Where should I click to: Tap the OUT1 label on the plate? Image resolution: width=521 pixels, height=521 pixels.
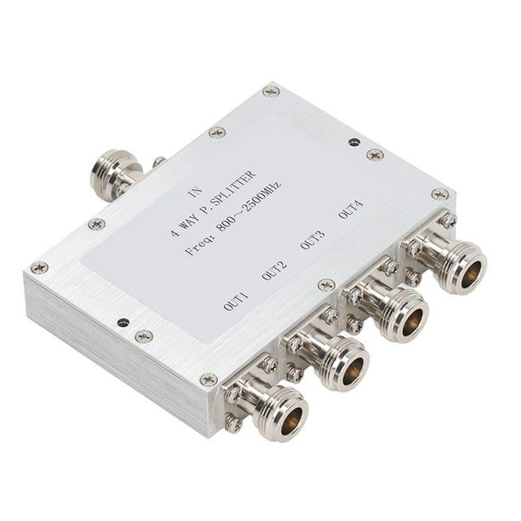pos(236,300)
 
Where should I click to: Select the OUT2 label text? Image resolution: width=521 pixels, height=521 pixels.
pos(274,271)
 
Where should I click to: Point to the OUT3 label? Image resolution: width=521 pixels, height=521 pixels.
pos(312,240)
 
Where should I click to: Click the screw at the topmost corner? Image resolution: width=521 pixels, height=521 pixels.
pos(271,89)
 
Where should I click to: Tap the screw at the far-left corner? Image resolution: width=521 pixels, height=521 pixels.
pos(39,268)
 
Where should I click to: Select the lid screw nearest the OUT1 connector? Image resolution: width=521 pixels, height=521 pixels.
pos(209,381)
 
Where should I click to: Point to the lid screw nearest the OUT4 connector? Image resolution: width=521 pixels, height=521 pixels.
pos(440,194)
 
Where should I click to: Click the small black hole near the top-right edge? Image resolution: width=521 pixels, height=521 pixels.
pos(353,141)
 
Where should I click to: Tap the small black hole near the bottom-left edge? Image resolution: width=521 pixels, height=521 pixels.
pos(124,323)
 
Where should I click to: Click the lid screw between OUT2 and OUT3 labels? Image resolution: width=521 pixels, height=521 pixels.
pos(325,285)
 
